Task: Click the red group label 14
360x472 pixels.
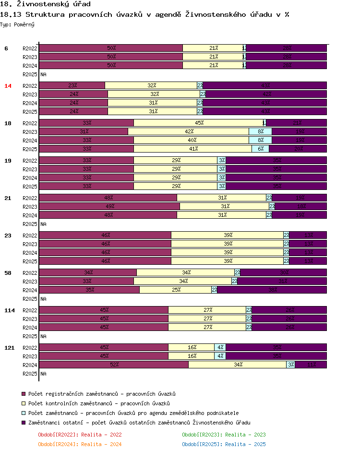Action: coord(8,86)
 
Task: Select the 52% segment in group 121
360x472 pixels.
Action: coord(114,365)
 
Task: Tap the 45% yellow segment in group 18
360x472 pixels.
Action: coord(199,123)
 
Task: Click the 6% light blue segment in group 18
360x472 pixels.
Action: coord(260,149)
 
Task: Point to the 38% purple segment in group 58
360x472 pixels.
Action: coord(272,290)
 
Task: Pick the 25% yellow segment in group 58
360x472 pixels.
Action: coord(176,290)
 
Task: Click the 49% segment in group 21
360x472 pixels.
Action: coord(109,206)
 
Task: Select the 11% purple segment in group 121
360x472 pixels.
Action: coord(311,365)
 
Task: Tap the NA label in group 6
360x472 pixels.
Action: coord(43,75)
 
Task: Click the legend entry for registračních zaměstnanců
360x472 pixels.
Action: coord(102,394)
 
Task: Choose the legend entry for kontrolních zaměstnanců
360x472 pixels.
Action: coord(99,403)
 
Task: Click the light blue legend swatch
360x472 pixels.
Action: coord(24,413)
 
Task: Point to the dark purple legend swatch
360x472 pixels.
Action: coord(24,423)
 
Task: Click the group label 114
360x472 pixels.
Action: coord(10,310)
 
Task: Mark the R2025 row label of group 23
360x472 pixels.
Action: coord(30,261)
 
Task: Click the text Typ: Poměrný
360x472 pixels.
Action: coord(17,24)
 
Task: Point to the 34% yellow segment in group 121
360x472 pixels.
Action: coord(238,365)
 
